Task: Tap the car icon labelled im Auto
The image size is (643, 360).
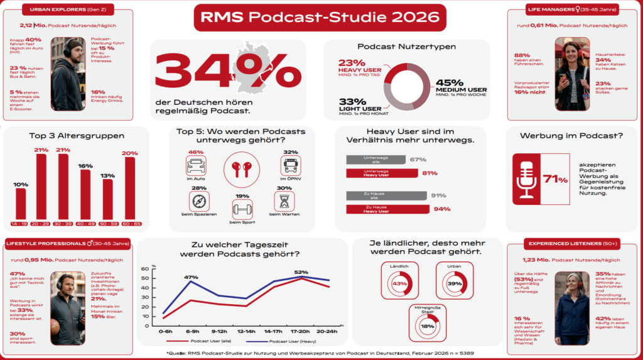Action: pos(196,166)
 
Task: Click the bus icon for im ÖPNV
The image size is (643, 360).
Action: pos(290,166)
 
